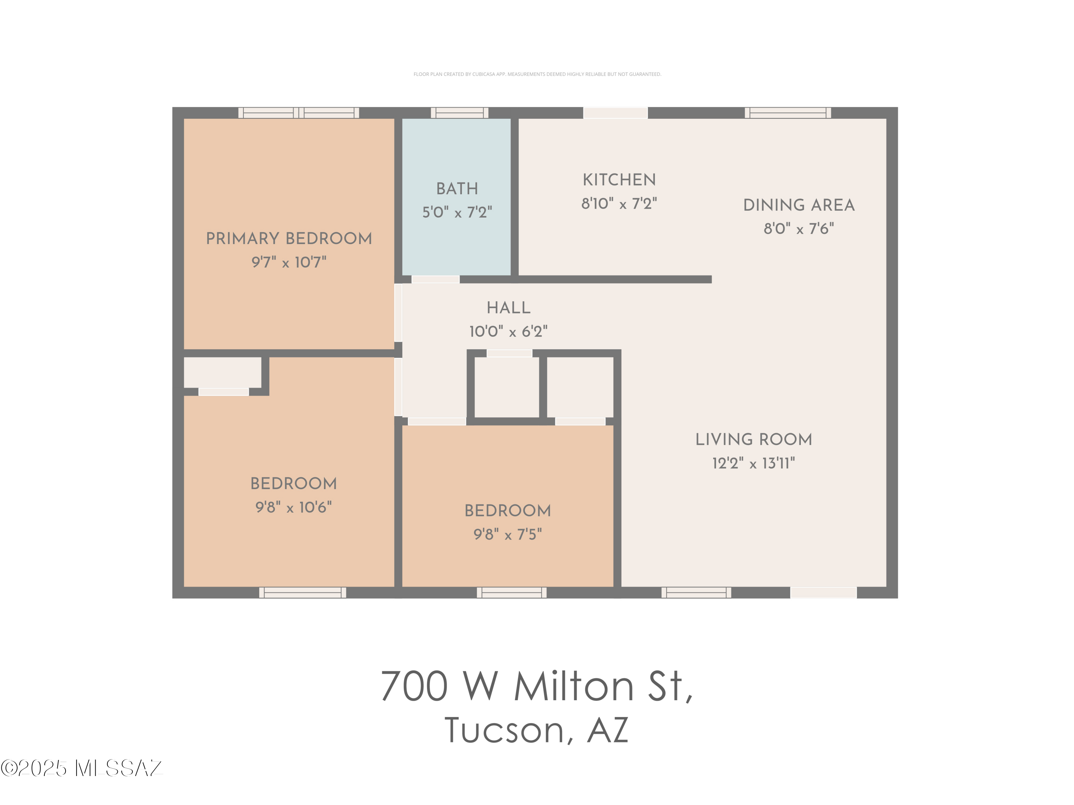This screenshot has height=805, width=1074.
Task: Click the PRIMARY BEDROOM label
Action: tap(289, 238)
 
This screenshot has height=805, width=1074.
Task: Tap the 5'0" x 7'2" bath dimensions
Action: tap(456, 213)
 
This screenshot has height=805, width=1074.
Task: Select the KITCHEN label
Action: tap(619, 180)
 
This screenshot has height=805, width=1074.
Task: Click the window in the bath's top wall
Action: tap(459, 113)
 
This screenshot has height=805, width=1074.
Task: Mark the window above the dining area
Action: tap(788, 113)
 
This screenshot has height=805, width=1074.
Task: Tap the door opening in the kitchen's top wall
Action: tap(615, 113)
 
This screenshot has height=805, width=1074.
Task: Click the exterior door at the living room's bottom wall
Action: tap(823, 592)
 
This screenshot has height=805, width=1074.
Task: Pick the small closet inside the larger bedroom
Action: tap(222, 372)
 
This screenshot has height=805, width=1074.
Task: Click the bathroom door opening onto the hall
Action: tap(435, 279)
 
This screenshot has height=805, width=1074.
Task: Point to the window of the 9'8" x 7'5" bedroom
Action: tap(511, 592)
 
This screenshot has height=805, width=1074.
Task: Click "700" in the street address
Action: tap(414, 686)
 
